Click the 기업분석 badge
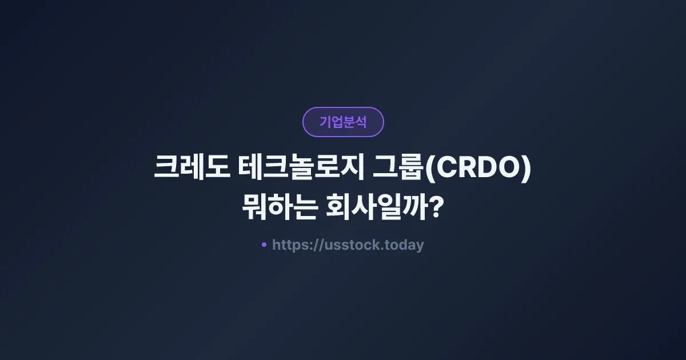(343, 122)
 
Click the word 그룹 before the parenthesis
(398, 170)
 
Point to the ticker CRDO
(477, 170)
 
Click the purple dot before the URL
(264, 245)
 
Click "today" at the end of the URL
(404, 245)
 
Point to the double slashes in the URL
(318, 245)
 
